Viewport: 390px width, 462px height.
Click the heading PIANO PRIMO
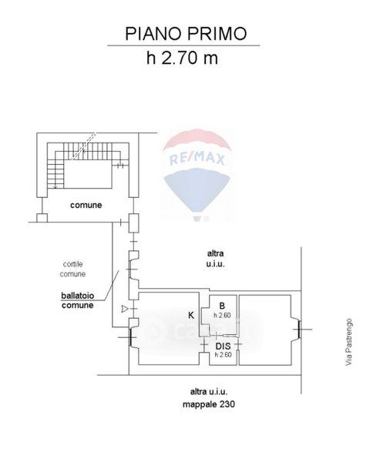click(186, 34)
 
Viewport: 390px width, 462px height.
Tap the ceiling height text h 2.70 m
click(183, 58)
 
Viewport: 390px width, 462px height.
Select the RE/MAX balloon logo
click(197, 175)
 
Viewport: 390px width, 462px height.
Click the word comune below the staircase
click(86, 205)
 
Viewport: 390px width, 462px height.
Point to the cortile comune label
click(72, 269)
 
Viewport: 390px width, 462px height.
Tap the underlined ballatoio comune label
click(78, 300)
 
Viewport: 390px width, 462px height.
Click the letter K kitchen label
click(191, 315)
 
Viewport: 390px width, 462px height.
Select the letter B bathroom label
click(223, 306)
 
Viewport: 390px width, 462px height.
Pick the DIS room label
click(223, 346)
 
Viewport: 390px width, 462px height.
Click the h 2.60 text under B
click(223, 315)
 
